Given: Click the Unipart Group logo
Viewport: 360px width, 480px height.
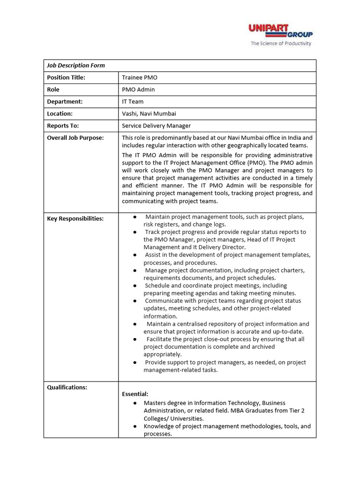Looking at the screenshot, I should (x=280, y=31).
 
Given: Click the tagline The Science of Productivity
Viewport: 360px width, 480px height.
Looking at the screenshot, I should (x=281, y=44).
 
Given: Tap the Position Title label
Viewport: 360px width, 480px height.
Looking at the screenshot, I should (x=66, y=78).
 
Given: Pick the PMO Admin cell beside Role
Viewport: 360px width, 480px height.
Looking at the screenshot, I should (x=138, y=90).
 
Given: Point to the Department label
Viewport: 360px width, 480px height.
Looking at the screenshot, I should (x=65, y=102).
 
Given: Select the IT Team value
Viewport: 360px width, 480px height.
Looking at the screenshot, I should (x=133, y=102).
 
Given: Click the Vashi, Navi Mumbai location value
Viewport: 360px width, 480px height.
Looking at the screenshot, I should (x=149, y=114).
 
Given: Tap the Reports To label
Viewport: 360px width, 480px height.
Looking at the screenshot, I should (x=63, y=126).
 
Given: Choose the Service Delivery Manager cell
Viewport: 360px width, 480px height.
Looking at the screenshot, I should (x=156, y=126).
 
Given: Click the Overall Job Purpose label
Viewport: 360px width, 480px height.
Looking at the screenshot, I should (x=75, y=138).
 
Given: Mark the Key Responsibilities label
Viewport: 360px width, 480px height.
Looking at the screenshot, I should (x=75, y=219).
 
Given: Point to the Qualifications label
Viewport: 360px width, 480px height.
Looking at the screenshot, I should (x=67, y=387).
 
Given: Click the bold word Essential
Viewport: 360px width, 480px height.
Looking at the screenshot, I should (x=135, y=394).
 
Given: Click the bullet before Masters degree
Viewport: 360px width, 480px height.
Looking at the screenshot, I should (x=135, y=403).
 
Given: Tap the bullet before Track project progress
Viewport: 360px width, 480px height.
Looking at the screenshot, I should (x=135, y=232).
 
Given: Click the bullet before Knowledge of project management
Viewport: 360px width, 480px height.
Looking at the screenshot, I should (x=135, y=427).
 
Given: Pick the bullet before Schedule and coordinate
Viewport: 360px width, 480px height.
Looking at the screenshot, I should (x=135, y=285).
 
